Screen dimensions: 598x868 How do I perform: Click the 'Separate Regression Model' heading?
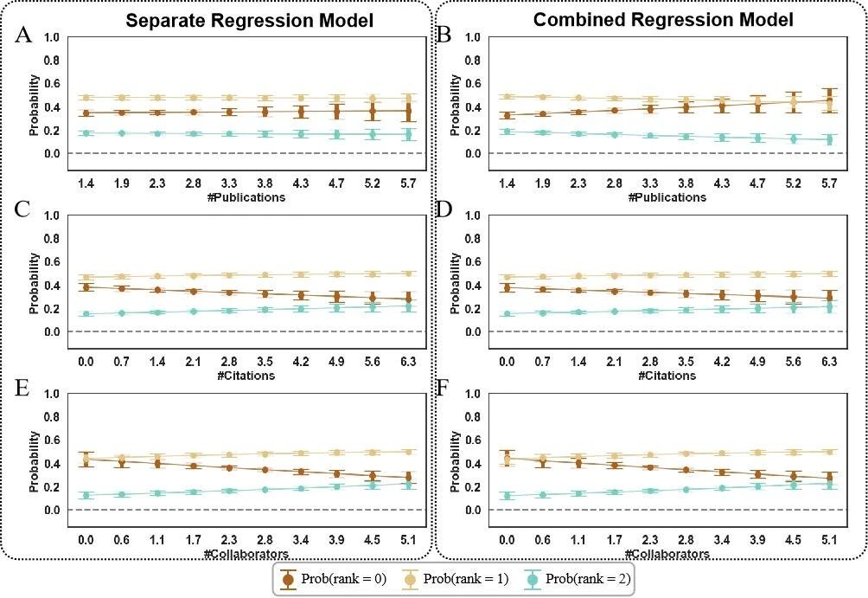tap(249, 21)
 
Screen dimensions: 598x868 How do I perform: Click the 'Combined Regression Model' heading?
tap(662, 21)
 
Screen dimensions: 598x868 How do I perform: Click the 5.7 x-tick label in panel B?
tap(827, 184)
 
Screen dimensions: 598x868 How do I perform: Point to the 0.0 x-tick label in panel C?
tap(86, 363)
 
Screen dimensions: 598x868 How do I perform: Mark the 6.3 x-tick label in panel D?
tap(827, 363)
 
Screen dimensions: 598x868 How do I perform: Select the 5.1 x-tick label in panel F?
tap(827, 541)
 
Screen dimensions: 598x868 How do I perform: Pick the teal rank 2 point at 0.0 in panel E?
tap(86, 496)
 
